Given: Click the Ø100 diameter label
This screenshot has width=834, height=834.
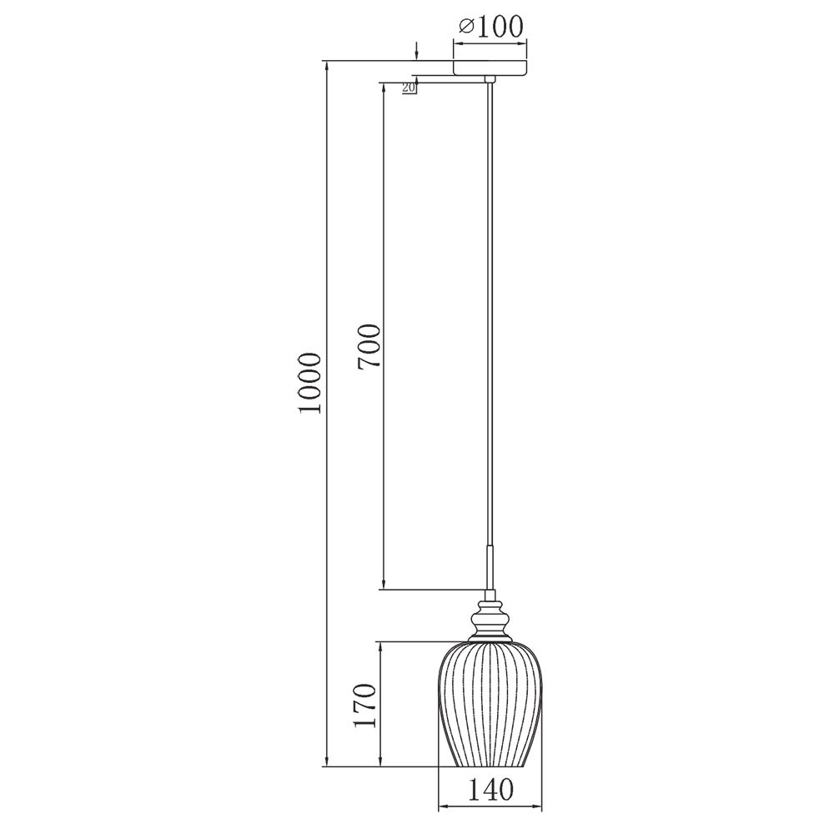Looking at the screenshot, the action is (x=490, y=26).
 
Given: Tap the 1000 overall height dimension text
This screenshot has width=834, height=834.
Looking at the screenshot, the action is (x=310, y=382).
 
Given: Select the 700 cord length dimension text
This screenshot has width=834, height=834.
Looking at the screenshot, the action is (x=369, y=346).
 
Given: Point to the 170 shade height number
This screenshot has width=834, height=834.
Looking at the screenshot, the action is (x=365, y=706).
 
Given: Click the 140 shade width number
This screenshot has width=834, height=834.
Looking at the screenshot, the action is (x=490, y=790).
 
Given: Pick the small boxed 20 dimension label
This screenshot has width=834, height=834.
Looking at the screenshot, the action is (x=409, y=88).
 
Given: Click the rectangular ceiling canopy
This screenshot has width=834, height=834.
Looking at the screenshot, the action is (x=490, y=68).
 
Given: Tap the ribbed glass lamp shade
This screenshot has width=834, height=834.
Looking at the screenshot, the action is (x=490, y=705).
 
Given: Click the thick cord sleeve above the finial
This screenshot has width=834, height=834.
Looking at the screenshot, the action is (x=490, y=567).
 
